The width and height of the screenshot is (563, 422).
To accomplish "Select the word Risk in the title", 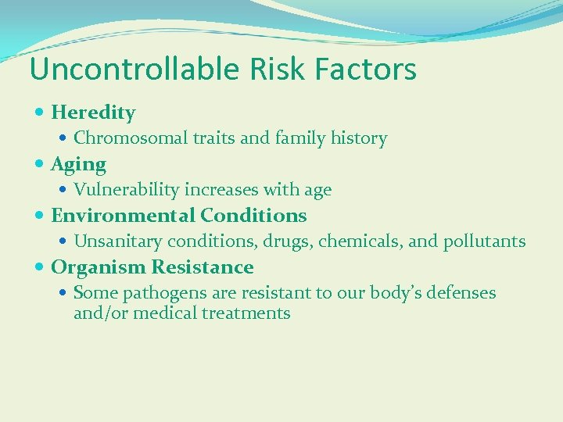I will coord(274,70).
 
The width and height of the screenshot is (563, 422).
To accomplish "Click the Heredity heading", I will coord(93,113).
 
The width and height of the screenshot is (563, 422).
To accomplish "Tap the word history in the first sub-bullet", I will coord(357,138).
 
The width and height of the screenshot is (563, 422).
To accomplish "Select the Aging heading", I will coord(78,164).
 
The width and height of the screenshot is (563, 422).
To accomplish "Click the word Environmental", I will coord(123,215).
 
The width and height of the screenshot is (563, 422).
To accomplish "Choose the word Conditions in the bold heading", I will coord(253,215).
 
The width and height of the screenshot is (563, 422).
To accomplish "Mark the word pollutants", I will coord(484,241).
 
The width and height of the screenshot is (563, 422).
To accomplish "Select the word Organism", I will coord(99,267).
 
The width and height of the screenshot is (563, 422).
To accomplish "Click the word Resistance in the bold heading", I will coord(203,267).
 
